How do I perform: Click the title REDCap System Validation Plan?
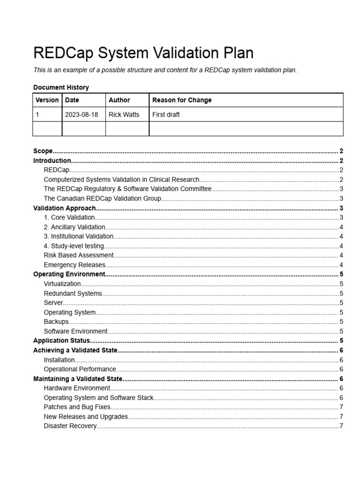point(143,53)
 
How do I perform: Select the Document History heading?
point(61,87)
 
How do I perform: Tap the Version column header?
point(47,100)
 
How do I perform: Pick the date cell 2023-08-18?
point(82,114)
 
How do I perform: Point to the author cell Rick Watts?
point(124,114)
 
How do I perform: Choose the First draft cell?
point(166,114)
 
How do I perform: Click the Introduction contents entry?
point(52,160)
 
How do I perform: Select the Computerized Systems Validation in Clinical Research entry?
point(121,180)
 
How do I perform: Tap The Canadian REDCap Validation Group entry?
point(102,198)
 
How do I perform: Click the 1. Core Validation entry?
point(69,217)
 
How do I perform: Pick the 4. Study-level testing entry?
point(74,246)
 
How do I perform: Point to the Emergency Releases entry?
point(75,265)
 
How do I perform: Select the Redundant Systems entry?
point(73,293)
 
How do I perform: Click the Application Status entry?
point(61,341)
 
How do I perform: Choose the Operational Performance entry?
point(80,369)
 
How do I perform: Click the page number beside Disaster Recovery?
point(341,426)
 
